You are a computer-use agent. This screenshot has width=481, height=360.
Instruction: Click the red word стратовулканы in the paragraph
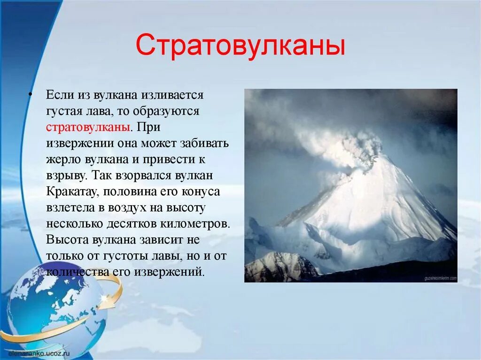(88, 127)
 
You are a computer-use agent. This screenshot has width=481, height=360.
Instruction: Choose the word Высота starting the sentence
(67, 239)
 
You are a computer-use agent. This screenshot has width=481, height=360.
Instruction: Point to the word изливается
(174, 95)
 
